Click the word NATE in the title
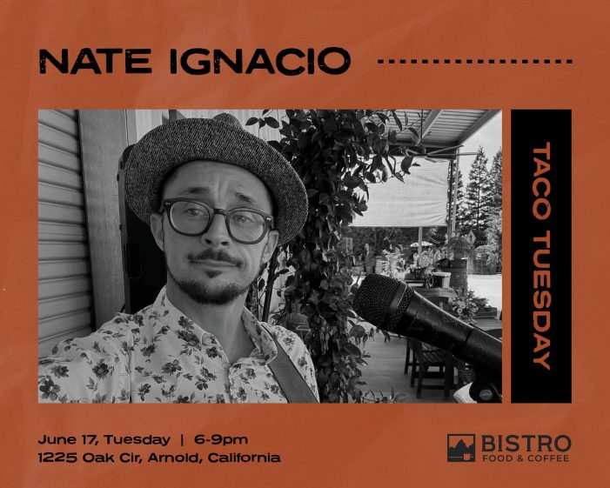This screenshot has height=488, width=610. pyautogui.click(x=95, y=61)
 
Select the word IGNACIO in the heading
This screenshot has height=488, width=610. pyautogui.click(x=260, y=61)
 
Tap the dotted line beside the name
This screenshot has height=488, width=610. pyautogui.click(x=475, y=62)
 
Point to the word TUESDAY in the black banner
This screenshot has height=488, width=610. pyautogui.click(x=541, y=300)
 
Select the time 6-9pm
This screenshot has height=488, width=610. pyautogui.click(x=220, y=440)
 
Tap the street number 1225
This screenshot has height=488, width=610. pyautogui.click(x=57, y=458)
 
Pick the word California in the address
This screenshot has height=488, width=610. pyautogui.click(x=244, y=458)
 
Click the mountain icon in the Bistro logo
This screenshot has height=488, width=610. pyautogui.click(x=461, y=448)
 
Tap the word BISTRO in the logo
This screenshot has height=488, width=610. pyautogui.click(x=526, y=444)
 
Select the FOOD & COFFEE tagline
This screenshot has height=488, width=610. pyautogui.click(x=526, y=458)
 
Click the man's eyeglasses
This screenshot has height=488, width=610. pyautogui.click(x=218, y=220)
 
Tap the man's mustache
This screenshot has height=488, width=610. pyautogui.click(x=215, y=257)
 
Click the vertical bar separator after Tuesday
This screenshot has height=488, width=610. pyautogui.click(x=182, y=440)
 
